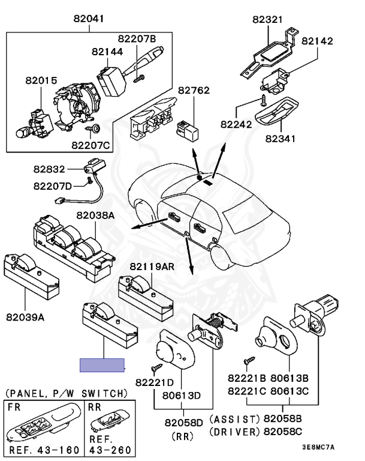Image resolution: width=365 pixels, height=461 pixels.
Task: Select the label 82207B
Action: pos(135,39)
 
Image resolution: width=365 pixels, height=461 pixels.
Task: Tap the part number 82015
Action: pos(40,79)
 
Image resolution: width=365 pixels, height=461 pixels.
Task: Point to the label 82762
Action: pos(194,92)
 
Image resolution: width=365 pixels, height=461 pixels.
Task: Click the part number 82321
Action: pos(267,19)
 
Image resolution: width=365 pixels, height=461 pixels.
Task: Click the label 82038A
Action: pos(95,214)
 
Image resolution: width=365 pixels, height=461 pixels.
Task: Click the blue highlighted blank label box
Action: pos(102,365)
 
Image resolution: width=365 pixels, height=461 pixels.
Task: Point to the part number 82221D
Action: pos(154,382)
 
